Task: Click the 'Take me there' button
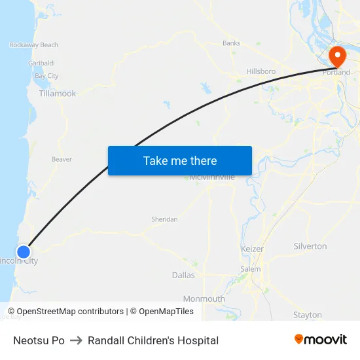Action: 180,161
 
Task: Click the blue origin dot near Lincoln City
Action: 24,252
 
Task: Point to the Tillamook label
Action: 58,94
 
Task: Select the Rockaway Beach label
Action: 34,45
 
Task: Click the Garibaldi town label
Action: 41,63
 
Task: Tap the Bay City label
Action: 47,76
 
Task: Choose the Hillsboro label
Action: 261,71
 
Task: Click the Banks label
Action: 232,43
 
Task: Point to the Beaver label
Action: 62,159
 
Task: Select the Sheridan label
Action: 164,219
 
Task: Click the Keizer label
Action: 252,249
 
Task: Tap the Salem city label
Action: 250,269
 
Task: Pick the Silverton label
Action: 310,246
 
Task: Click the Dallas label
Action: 183,276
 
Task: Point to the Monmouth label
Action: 204,299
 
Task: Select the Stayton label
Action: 308,315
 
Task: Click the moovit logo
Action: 321,340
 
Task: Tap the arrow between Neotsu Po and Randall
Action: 76,340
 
